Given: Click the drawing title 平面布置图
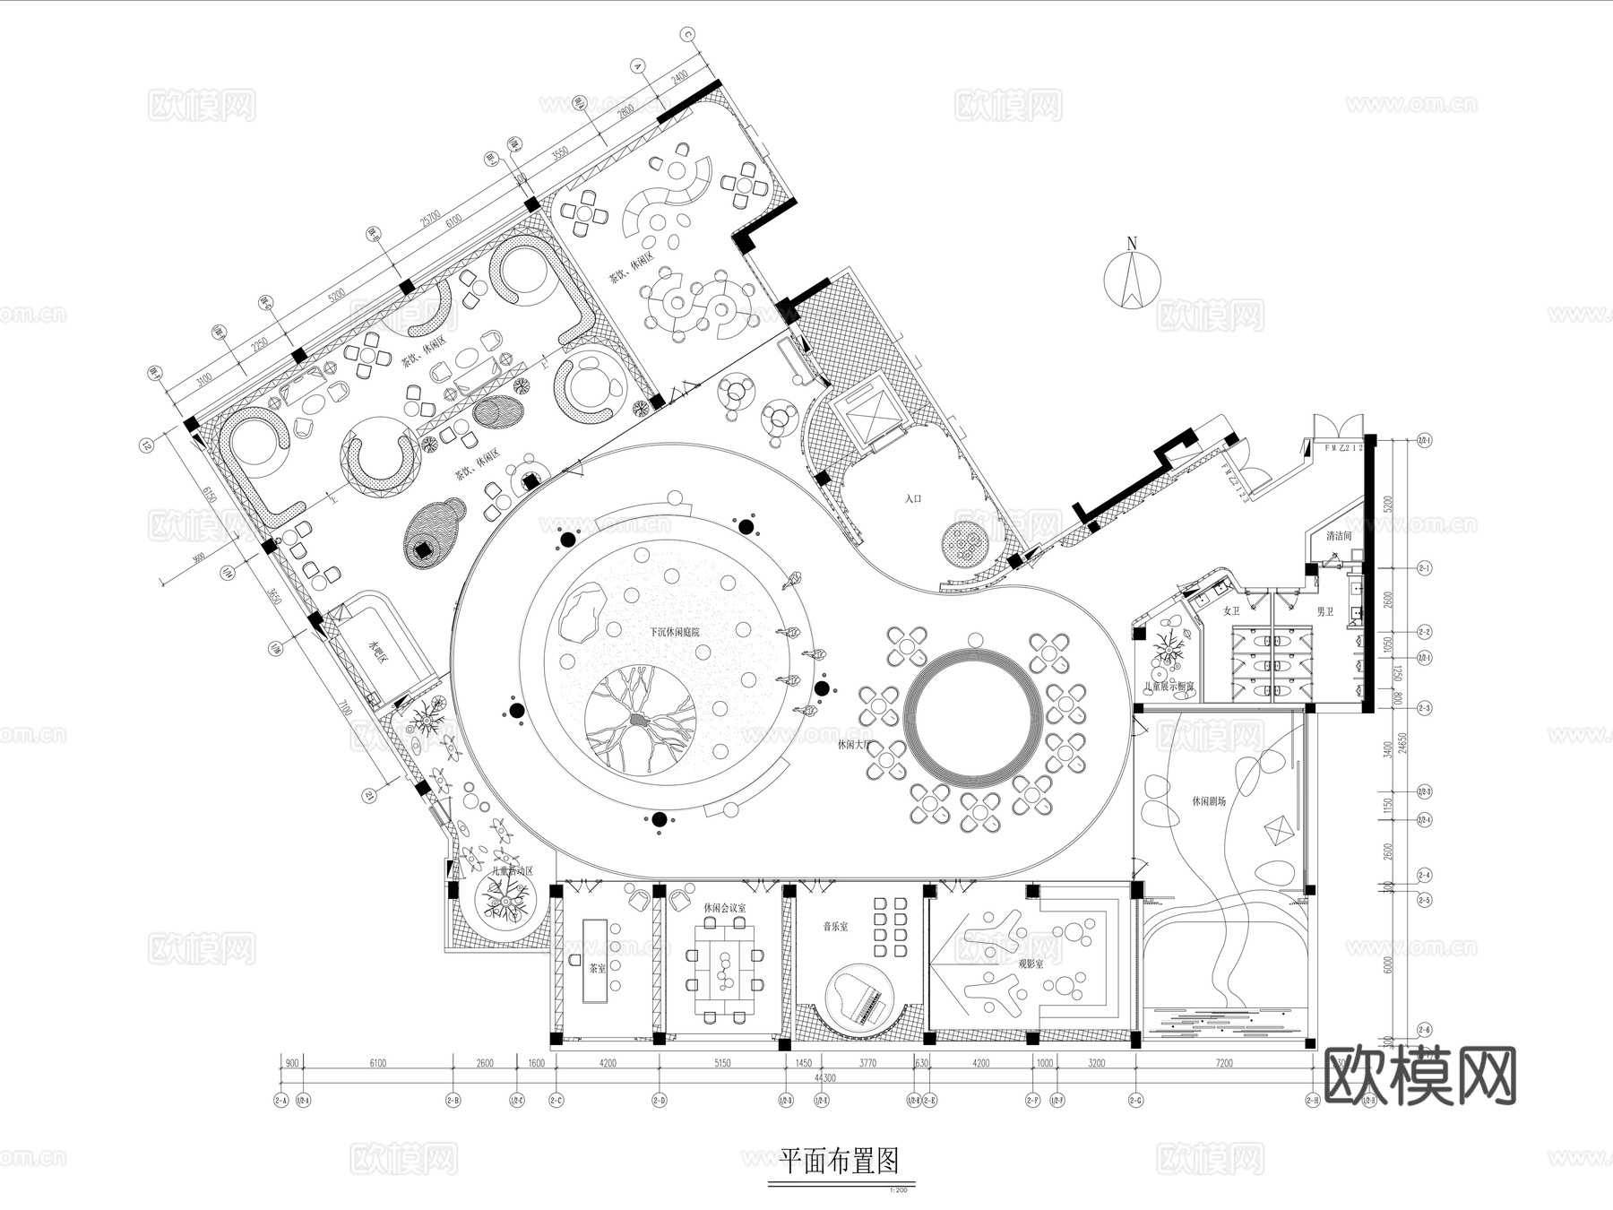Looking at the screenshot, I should pos(839,1162).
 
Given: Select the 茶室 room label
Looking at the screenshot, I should pos(597,969).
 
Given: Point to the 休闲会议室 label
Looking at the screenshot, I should pos(724,908).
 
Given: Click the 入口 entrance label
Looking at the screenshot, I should pos(913,497).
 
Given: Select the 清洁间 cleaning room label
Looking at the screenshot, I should pos(1338,536).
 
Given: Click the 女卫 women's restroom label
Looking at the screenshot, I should pos(1231,611).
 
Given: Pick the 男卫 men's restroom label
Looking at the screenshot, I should pos(1324,611).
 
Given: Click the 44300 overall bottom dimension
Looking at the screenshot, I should pos(824,1078).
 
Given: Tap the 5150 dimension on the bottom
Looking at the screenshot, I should pos(721,1064).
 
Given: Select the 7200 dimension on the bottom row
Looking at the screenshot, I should pos(1223,1064).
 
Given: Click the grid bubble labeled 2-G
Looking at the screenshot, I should pos(1135,1100).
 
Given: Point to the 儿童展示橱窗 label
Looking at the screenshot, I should pos(1169,686).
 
